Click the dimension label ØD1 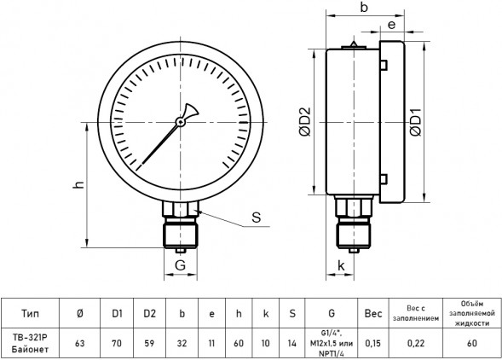(416, 122)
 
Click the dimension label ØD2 (305, 121)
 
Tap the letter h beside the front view (78, 184)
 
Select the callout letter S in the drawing (257, 217)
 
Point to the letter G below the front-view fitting (180, 265)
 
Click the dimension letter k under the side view (341, 265)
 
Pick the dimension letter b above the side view (364, 7)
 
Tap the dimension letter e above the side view (391, 25)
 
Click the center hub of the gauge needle (180, 122)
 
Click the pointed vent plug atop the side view (354, 45)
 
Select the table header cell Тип (30, 313)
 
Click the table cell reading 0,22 (416, 343)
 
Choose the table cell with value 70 (117, 343)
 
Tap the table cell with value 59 (149, 343)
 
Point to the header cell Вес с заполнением (416, 313)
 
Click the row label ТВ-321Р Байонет (30, 343)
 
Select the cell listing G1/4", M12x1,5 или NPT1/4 (332, 343)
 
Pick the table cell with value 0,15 (373, 343)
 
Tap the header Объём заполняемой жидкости (472, 313)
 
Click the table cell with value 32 (182, 343)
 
